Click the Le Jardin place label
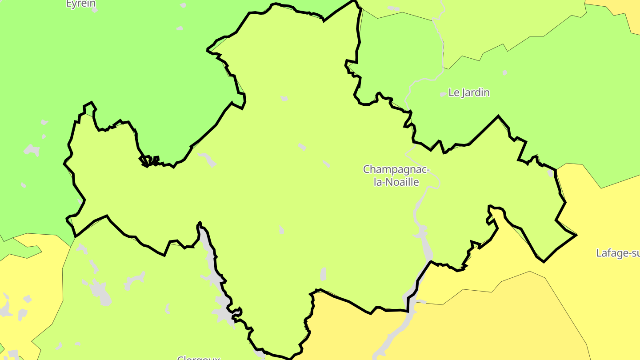(469, 92)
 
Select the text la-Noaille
(396, 182)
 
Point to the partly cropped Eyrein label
(80, 4)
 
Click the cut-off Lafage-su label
(618, 253)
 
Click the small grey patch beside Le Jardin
(443, 94)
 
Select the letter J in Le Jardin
(464, 92)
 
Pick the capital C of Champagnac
(367, 169)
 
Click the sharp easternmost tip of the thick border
(576, 235)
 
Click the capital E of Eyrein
(69, 4)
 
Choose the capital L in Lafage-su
(599, 253)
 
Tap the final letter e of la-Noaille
(416, 182)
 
